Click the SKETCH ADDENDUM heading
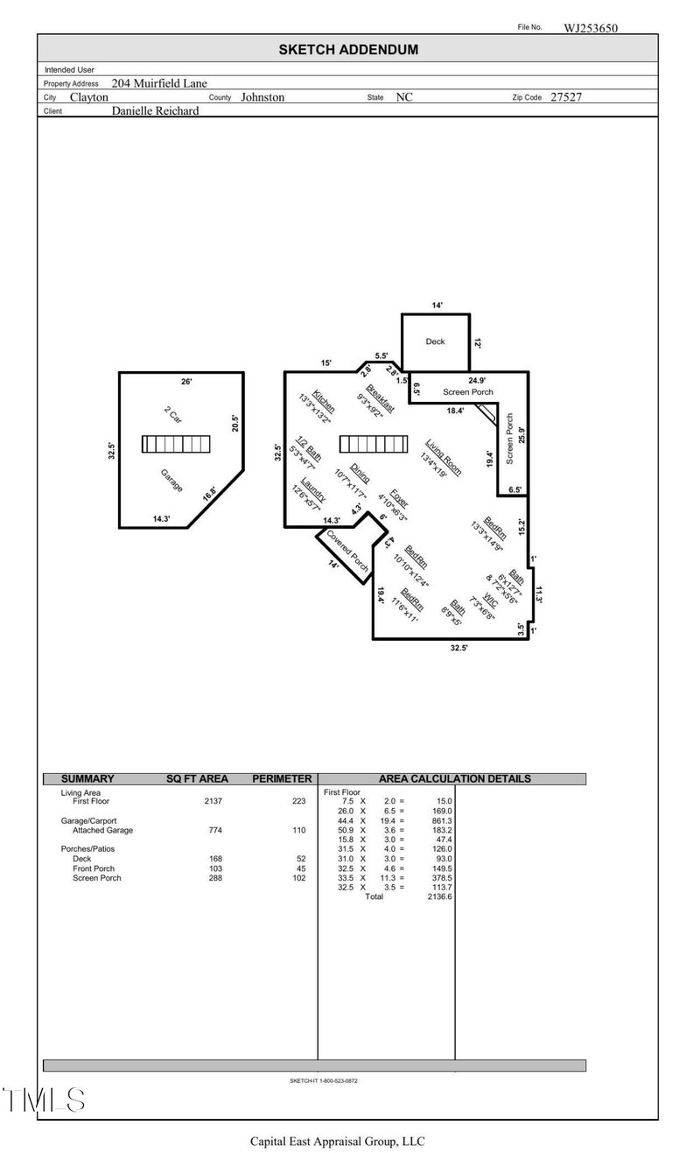pyautogui.click(x=348, y=50)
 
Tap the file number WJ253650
pyautogui.click(x=591, y=28)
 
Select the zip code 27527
pyautogui.click(x=565, y=97)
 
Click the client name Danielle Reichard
pyautogui.click(x=155, y=111)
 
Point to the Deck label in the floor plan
pyautogui.click(x=435, y=341)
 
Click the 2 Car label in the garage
pyautogui.click(x=172, y=415)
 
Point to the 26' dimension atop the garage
pyautogui.click(x=185, y=382)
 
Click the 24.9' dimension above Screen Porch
pyautogui.click(x=477, y=381)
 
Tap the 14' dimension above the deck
pyautogui.click(x=437, y=306)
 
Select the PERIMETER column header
pyautogui.click(x=282, y=778)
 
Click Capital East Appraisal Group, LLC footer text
pyautogui.click(x=337, y=1142)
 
